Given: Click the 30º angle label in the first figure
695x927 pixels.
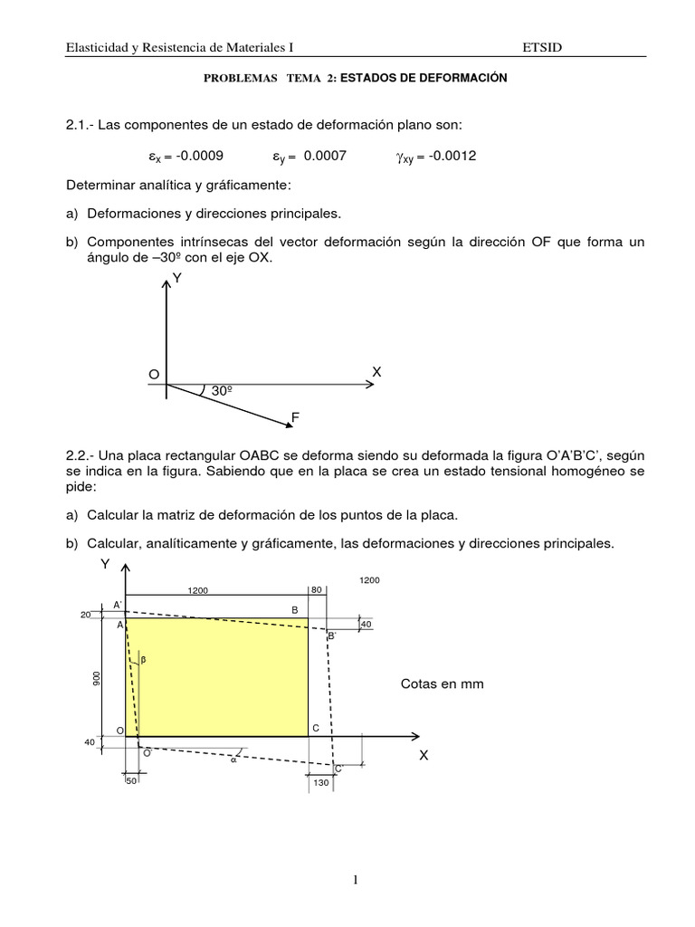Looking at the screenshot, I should (224, 391).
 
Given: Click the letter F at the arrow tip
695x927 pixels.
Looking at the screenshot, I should (294, 417).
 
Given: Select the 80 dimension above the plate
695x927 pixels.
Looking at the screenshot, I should (317, 590).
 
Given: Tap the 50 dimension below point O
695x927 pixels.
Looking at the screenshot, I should (133, 780).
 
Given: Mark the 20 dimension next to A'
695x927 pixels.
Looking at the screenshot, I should (86, 614).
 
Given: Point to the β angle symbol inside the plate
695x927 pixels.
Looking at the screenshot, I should (142, 660).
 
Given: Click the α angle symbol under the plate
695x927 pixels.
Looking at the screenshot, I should (233, 760).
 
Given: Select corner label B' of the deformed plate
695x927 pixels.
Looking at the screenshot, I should (332, 636).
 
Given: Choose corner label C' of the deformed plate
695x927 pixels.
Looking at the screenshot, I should (338, 768).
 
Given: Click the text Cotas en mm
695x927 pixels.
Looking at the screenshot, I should (442, 684).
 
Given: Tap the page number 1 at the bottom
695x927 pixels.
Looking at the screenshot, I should (347, 878).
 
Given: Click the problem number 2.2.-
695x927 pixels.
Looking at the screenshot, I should (85, 455).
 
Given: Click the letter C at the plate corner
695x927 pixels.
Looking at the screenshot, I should (315, 729).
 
